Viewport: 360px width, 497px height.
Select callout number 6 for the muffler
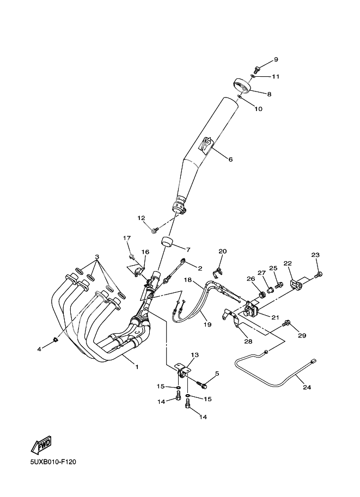(x=230, y=159)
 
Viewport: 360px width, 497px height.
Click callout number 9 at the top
(x=276, y=59)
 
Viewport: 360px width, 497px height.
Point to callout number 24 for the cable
(x=307, y=388)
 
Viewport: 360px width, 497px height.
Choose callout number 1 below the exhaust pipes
(x=137, y=367)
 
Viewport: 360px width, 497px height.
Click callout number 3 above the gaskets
(x=97, y=256)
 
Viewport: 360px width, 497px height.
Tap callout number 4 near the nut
(x=39, y=348)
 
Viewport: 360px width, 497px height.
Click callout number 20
(x=222, y=251)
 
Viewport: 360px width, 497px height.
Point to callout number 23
(x=315, y=255)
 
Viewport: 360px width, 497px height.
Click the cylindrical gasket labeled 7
(x=165, y=241)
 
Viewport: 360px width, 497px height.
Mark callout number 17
(x=127, y=238)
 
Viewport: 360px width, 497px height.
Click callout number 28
(x=248, y=341)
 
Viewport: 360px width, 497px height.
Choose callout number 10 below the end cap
(x=258, y=109)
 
